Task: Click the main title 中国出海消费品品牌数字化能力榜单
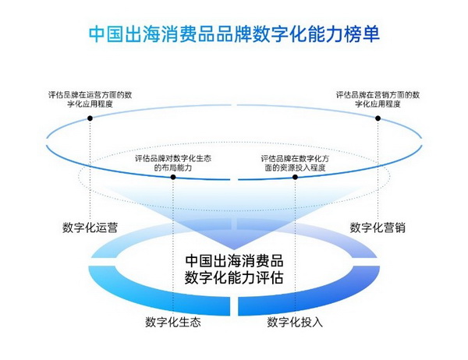point(234,34)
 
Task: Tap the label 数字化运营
point(90,228)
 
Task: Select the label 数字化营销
point(378,228)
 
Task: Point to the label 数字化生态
point(173,322)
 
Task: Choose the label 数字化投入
point(295,322)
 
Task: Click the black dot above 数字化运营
point(90,118)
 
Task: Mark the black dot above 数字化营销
point(378,118)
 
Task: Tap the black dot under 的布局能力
point(173,177)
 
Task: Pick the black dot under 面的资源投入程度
point(295,177)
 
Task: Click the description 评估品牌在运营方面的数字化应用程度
point(90,100)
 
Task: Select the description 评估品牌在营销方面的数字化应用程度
point(378,100)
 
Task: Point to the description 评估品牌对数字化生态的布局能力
point(173,163)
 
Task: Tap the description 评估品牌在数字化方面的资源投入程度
point(295,163)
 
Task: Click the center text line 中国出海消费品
point(234,260)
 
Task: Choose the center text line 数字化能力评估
point(234,277)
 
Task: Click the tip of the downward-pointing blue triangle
point(234,249)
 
